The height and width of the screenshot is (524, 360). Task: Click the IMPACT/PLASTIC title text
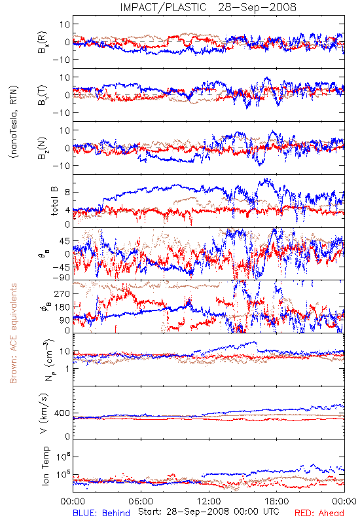[163, 7]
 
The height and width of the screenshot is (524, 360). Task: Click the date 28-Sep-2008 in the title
[257, 7]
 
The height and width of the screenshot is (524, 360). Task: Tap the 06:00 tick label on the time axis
[141, 501]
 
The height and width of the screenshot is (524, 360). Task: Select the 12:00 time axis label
[209, 501]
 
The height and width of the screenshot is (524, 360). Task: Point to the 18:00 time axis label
[277, 501]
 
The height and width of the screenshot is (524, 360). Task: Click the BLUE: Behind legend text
[101, 513]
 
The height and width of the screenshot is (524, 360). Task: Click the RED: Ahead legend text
[319, 513]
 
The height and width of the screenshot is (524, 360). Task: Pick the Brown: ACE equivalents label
[13, 333]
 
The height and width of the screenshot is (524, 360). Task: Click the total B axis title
[54, 201]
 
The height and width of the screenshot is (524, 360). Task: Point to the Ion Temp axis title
[45, 466]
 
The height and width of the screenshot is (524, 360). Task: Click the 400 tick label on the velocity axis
[62, 413]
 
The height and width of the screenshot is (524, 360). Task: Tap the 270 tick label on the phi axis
[62, 293]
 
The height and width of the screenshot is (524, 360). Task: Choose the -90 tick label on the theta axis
[61, 277]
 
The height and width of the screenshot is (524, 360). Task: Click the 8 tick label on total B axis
[67, 193]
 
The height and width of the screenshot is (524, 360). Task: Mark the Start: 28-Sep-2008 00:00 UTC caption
[208, 512]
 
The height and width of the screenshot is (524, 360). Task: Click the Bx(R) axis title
[43, 42]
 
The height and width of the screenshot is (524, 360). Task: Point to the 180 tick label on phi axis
[62, 307]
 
